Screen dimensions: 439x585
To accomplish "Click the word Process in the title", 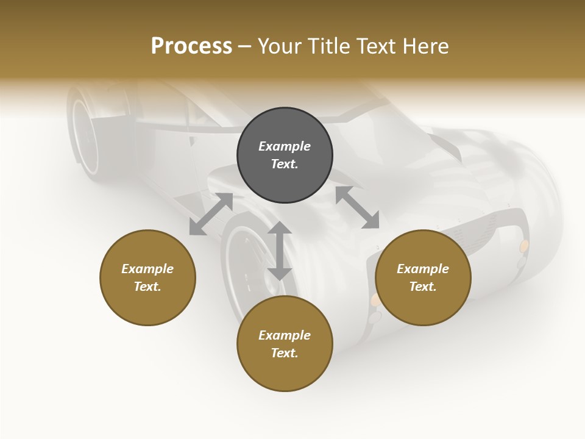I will pyautogui.click(x=191, y=46).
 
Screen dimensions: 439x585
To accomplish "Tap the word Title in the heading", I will pyautogui.click(x=327, y=46).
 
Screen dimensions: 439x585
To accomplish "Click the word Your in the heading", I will pyautogui.click(x=280, y=46).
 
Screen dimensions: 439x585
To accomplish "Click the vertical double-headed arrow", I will pyautogui.click(x=280, y=251).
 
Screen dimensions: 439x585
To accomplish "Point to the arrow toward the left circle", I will pyautogui.click(x=211, y=213).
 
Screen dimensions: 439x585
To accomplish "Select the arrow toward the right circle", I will pyautogui.click(x=357, y=208).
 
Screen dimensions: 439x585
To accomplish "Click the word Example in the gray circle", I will pyautogui.click(x=285, y=146).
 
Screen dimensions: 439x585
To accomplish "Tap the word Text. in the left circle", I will pyautogui.click(x=147, y=287).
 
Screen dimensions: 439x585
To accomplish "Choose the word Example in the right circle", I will pyautogui.click(x=423, y=269).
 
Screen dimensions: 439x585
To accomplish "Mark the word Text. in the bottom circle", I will pyautogui.click(x=285, y=353).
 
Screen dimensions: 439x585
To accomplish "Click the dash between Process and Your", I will pyautogui.click(x=245, y=46).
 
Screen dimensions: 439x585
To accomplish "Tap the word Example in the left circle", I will pyautogui.click(x=147, y=269).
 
